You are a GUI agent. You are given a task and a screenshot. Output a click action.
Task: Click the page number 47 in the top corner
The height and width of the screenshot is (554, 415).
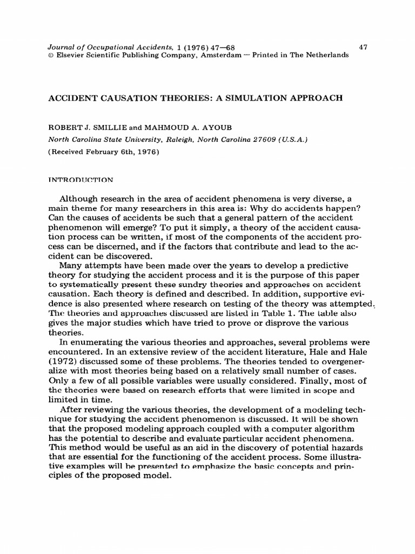click(x=363, y=47)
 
